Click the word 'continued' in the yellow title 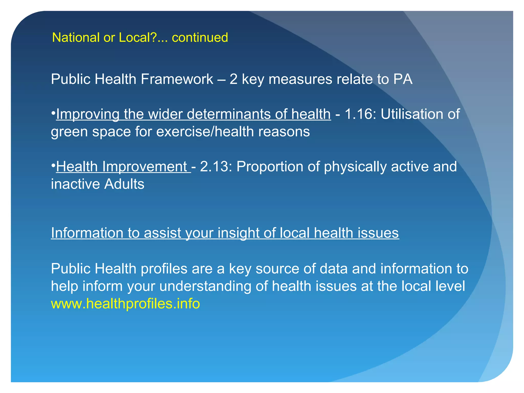click(200, 37)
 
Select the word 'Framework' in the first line click(177, 79)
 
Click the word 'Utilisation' click(412, 114)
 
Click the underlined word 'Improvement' click(145, 167)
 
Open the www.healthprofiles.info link click(125, 304)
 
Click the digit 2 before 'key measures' click(233, 79)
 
